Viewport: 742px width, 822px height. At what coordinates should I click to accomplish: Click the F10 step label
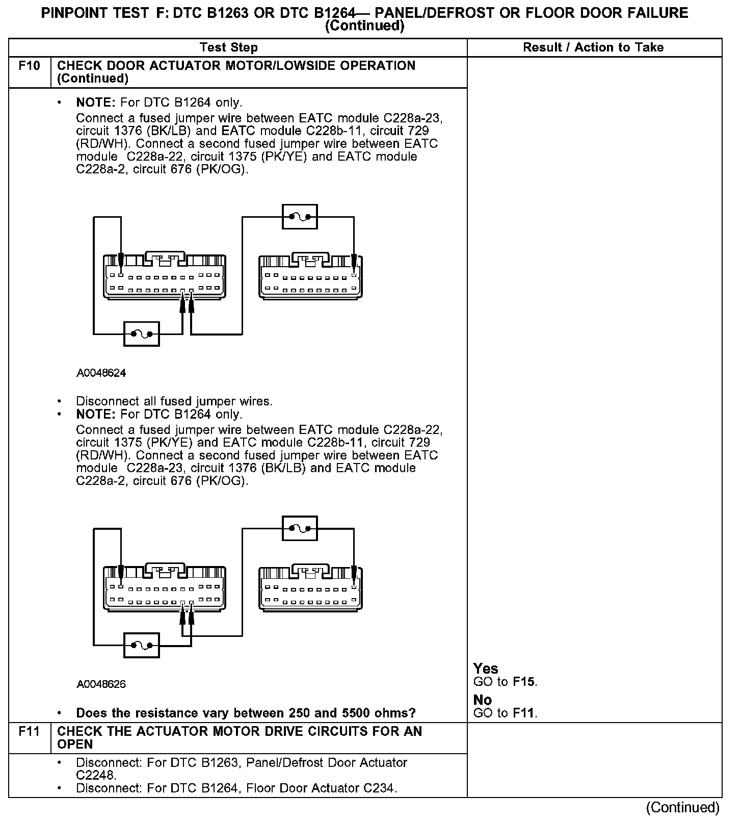click(29, 66)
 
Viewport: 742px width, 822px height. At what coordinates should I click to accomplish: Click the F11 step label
click(29, 731)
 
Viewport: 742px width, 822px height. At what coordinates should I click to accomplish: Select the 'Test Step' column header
click(229, 47)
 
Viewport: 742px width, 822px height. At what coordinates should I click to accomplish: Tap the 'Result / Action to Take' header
click(593, 47)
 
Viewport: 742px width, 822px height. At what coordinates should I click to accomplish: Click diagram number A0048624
click(101, 373)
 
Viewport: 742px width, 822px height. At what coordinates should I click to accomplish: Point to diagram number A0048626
click(101, 684)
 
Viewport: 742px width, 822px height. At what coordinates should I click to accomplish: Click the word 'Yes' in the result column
click(486, 669)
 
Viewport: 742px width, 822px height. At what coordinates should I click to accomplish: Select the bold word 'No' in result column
click(483, 700)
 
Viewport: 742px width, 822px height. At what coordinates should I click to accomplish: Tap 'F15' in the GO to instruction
click(524, 682)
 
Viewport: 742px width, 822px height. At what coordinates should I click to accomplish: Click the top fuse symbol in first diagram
click(300, 217)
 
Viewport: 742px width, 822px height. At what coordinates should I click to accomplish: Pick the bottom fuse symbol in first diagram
click(142, 334)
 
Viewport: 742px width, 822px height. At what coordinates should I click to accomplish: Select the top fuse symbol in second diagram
click(300, 528)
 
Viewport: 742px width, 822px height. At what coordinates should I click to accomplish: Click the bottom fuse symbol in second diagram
click(142, 646)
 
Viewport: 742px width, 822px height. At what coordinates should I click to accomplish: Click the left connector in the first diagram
click(165, 275)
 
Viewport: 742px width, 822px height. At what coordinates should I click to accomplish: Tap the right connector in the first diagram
click(311, 276)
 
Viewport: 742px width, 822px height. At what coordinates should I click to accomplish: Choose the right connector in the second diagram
click(311, 587)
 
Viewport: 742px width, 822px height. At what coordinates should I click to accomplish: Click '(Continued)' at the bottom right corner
click(682, 807)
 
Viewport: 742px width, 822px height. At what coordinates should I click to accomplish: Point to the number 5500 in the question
click(338, 712)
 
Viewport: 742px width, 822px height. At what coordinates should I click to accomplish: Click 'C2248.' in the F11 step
click(96, 775)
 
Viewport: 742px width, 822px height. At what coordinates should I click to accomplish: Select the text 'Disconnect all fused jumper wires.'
click(174, 401)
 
